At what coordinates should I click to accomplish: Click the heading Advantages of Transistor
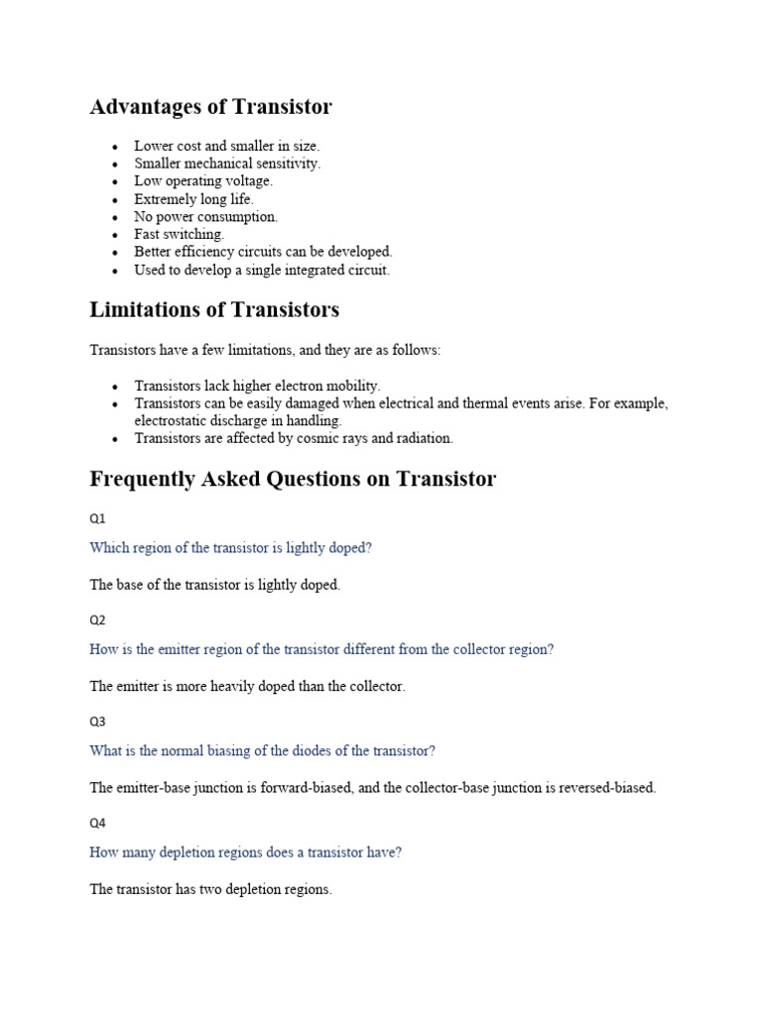click(x=210, y=107)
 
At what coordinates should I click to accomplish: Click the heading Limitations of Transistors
click(x=214, y=310)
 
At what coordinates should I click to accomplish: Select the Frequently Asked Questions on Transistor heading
click(x=293, y=480)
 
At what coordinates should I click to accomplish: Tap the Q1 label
click(x=97, y=518)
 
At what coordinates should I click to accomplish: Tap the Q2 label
click(x=97, y=620)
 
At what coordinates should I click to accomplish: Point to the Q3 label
click(x=97, y=722)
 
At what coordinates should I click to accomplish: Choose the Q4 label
click(x=97, y=823)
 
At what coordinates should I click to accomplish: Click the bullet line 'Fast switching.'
click(x=180, y=235)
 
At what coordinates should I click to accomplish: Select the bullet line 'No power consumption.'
click(x=206, y=217)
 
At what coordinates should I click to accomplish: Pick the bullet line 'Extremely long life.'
click(x=194, y=199)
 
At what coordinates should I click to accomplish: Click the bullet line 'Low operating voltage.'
click(x=203, y=181)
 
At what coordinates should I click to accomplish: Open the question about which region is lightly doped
click(x=230, y=547)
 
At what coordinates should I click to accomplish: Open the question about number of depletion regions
click(x=245, y=851)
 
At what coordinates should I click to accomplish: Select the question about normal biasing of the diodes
click(x=263, y=750)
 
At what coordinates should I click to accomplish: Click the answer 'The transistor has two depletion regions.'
click(x=210, y=890)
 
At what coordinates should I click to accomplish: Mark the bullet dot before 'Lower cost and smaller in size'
click(x=116, y=147)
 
